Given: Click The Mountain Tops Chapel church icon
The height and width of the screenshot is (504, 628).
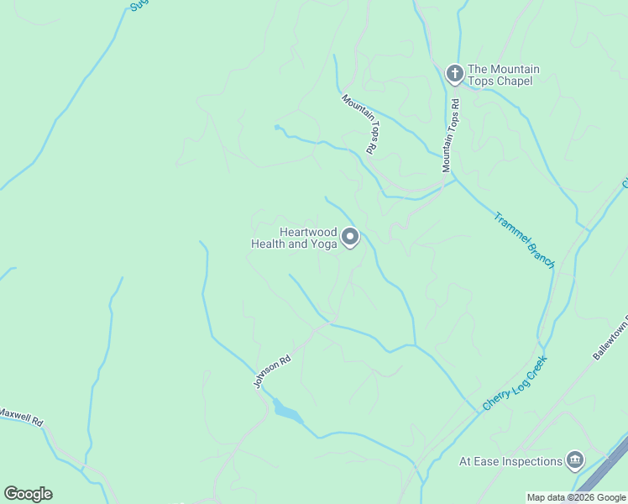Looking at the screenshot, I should pyautogui.click(x=454, y=75).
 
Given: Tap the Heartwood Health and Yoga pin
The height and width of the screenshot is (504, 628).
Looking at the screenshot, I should pyautogui.click(x=350, y=239).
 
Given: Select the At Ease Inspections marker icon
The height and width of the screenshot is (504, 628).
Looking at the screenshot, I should pyautogui.click(x=575, y=460).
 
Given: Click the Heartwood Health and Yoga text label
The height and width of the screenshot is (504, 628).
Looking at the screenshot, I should pyautogui.click(x=295, y=238).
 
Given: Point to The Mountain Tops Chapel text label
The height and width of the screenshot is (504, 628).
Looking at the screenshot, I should pyautogui.click(x=504, y=75).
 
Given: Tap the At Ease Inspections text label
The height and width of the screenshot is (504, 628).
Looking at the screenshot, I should pyautogui.click(x=510, y=461).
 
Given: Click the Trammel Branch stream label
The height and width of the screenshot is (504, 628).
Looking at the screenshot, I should pyautogui.click(x=523, y=239).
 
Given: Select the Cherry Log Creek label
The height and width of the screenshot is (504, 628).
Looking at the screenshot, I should pyautogui.click(x=514, y=384).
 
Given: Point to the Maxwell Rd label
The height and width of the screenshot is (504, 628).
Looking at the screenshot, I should pyautogui.click(x=20, y=417).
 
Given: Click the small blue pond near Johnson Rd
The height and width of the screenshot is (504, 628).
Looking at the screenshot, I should pyautogui.click(x=287, y=412).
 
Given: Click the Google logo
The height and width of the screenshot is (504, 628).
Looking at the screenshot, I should pyautogui.click(x=28, y=494).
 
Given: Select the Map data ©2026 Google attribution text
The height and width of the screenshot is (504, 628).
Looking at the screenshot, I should pyautogui.click(x=576, y=497).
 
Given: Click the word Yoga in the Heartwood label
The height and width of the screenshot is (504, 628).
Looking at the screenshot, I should pyautogui.click(x=324, y=244).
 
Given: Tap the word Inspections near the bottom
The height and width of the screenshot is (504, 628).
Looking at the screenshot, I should pyautogui.click(x=532, y=461).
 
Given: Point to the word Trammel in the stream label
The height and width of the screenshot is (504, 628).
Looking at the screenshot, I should pyautogui.click(x=510, y=227).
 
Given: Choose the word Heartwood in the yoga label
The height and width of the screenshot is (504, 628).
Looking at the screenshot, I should pyautogui.click(x=307, y=232).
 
